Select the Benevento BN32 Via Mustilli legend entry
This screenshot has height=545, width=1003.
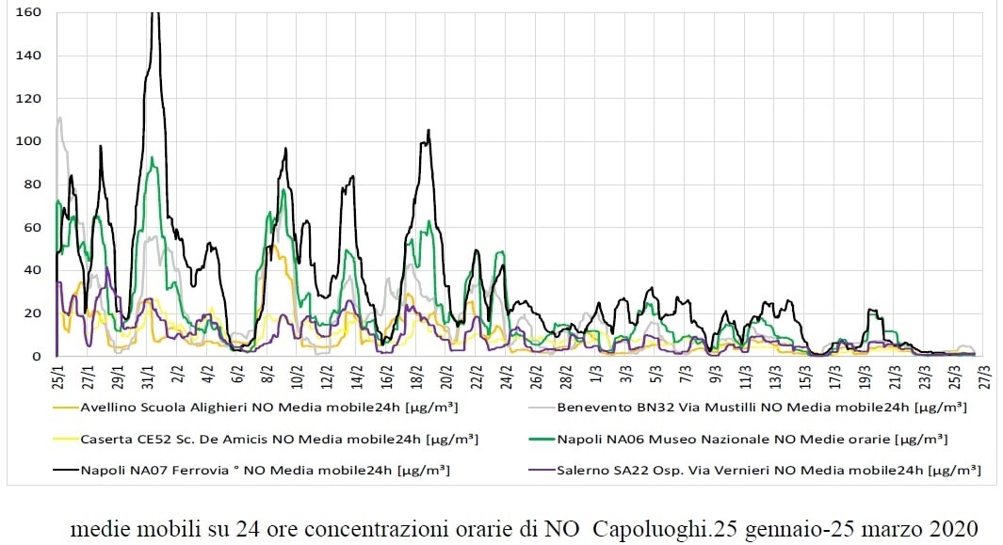[x=761, y=409]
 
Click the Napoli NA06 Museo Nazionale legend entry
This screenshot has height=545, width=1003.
[x=752, y=439]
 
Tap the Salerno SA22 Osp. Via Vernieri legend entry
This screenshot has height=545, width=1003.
[x=768, y=469]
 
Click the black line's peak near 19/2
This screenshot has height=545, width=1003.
[x=429, y=131]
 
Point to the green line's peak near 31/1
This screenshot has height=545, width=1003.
[x=153, y=157]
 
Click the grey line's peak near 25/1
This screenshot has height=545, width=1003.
[x=60, y=118]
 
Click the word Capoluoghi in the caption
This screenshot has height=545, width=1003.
[x=651, y=528]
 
